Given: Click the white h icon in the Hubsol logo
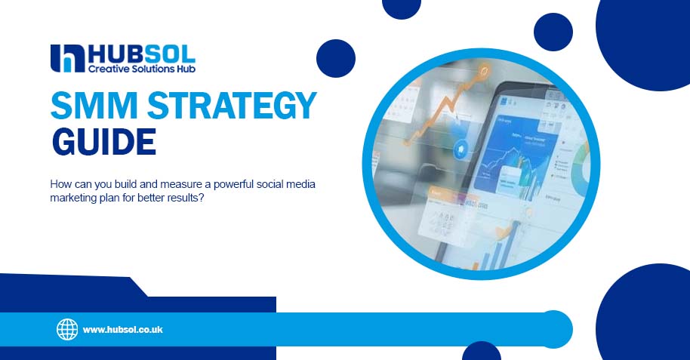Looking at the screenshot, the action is tap(67, 59).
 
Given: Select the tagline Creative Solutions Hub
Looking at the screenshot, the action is tap(142, 69).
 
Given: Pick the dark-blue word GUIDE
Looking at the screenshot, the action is tap(104, 142).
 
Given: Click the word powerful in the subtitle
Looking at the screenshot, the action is tap(234, 184).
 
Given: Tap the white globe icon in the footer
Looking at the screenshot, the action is tap(67, 330).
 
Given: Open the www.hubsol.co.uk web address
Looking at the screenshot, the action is tap(123, 330).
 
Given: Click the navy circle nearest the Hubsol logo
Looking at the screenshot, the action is tap(336, 59).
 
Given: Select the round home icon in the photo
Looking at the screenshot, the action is tap(461, 149).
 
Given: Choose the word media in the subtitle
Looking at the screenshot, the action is tap(300, 184).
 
